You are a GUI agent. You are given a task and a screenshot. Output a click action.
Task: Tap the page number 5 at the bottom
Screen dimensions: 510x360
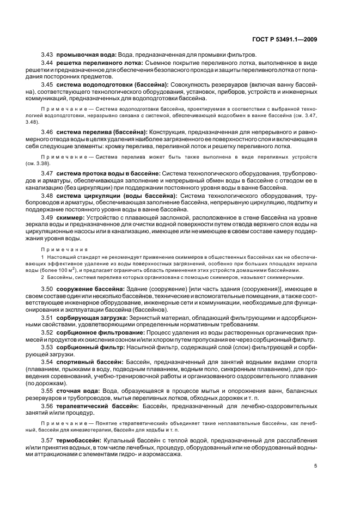[315, 466]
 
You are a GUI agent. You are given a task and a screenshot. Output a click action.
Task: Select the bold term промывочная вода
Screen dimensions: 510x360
[85, 55]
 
